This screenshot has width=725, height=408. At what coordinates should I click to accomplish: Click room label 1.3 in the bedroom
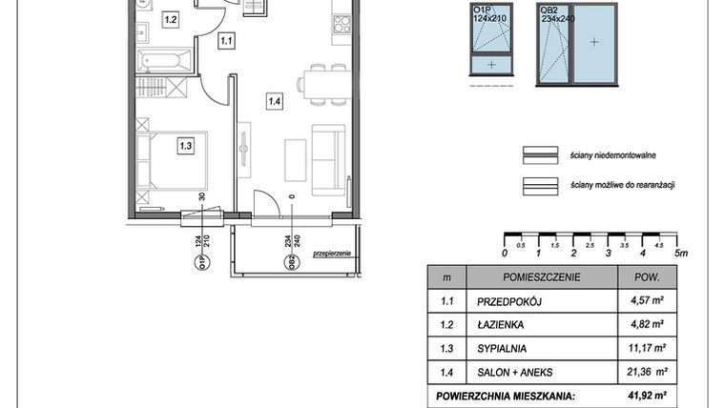(185, 146)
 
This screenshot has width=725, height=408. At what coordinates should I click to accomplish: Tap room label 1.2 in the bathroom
(171, 18)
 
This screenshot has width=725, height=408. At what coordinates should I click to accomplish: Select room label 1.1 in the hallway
(226, 41)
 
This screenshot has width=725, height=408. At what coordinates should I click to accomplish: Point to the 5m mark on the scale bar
(678, 253)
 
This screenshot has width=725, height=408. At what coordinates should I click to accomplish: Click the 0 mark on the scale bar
(504, 253)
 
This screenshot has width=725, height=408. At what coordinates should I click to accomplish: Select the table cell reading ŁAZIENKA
(500, 324)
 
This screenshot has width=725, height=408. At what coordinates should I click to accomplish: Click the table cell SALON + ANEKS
(515, 371)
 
